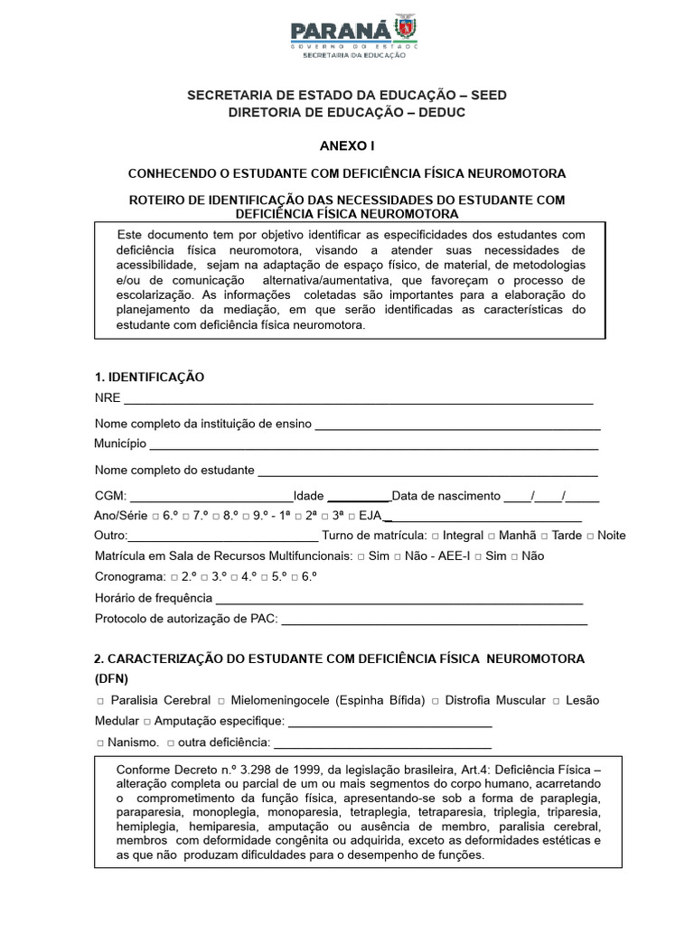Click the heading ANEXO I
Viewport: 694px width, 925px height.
347,145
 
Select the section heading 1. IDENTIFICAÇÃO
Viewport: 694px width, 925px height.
150,377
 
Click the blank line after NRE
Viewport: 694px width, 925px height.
358,400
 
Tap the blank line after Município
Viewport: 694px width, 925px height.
372,445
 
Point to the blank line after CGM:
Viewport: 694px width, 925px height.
211,497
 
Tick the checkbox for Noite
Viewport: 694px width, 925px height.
590,536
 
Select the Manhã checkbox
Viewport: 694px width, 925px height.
492,536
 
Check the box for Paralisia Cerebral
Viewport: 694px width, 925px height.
98,702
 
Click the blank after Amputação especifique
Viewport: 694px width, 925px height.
389,723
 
